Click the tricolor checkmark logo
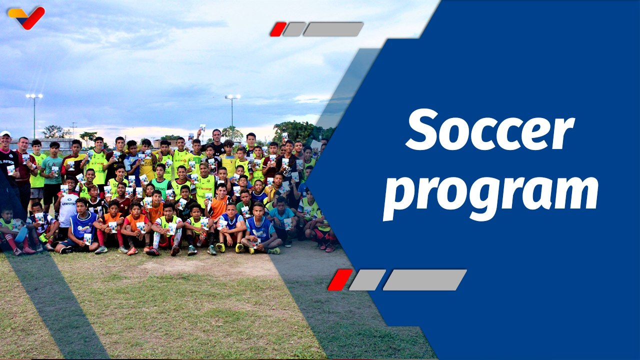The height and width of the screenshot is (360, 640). coord(26,16)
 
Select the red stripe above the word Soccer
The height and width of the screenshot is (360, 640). coord(278,29)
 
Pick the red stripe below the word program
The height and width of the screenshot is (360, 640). coord(340,279)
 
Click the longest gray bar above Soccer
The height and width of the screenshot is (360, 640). coord(333,29)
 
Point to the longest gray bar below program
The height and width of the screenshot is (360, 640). coord(424,279)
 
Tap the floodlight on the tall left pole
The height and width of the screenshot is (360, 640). coord(34,96)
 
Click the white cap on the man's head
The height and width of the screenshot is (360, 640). coord(5,134)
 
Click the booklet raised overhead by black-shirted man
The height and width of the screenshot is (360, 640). coord(202,128)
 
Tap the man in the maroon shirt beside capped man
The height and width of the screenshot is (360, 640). coord(22,165)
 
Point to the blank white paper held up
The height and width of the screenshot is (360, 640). coord(315,145)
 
